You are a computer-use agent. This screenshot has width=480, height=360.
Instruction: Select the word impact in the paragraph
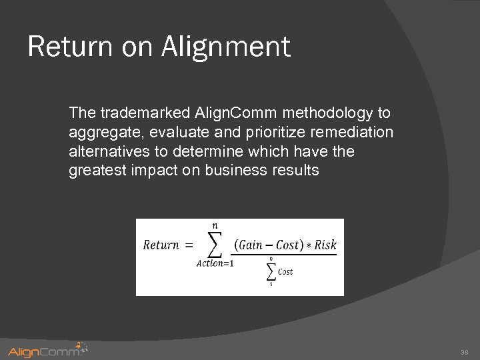click(x=151, y=171)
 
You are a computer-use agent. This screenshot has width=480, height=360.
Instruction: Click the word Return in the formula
click(x=161, y=245)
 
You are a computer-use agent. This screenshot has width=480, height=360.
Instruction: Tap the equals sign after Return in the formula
click(x=189, y=245)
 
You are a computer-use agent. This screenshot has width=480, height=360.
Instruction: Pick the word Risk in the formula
click(x=325, y=244)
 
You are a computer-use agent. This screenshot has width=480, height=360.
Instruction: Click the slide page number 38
click(x=465, y=351)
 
